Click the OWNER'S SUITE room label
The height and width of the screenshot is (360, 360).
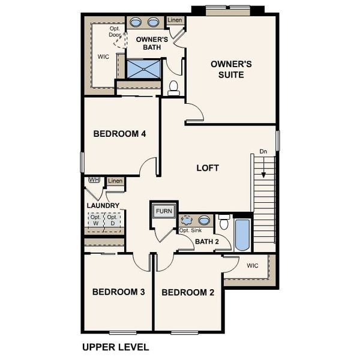pyautogui.click(x=227, y=69)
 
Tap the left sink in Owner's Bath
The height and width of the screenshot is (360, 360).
pyautogui.click(x=137, y=23)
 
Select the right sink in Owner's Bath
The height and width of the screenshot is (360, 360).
pyautogui.click(x=154, y=23)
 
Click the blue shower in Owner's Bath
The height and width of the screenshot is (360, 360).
pyautogui.click(x=143, y=68)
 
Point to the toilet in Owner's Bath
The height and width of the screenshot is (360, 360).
pyautogui.click(x=174, y=88)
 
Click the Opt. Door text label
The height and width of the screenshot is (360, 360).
pyautogui.click(x=116, y=31)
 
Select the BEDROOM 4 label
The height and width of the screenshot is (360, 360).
pyautogui.click(x=120, y=134)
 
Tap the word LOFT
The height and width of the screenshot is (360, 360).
pyautogui.click(x=208, y=168)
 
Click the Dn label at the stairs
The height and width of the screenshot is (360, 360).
pyautogui.click(x=263, y=152)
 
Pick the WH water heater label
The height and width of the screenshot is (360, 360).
pyautogui.click(x=94, y=180)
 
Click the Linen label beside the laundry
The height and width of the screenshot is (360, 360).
pyautogui.click(x=115, y=181)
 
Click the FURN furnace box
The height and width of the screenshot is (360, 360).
pyautogui.click(x=164, y=211)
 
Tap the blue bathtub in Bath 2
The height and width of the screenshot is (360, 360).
pyautogui.click(x=242, y=235)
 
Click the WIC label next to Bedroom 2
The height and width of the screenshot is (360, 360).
pyautogui.click(x=252, y=265)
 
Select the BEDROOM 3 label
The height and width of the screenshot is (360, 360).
pyautogui.click(x=119, y=292)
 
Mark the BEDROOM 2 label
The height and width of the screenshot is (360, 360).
pyautogui.click(x=188, y=293)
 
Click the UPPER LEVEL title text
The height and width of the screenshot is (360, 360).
pyautogui.click(x=115, y=347)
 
